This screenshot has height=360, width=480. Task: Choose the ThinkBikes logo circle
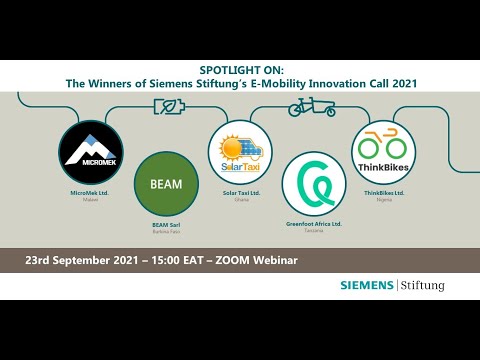[x=383, y=152]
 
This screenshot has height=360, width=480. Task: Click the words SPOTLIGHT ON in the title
[x=240, y=72]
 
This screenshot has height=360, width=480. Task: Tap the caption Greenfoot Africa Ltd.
[x=313, y=224]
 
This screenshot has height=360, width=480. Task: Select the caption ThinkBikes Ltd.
[x=383, y=193]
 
